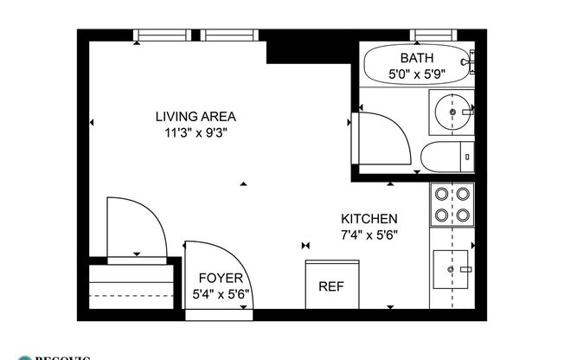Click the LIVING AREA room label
(x=195, y=117)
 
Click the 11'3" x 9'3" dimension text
(x=195, y=132)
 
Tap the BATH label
(x=416, y=58)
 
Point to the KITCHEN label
(x=369, y=219)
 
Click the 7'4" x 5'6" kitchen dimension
(x=369, y=235)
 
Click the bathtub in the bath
(x=418, y=66)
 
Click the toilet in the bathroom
(x=446, y=157)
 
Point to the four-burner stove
(x=452, y=206)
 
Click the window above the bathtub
(x=438, y=35)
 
